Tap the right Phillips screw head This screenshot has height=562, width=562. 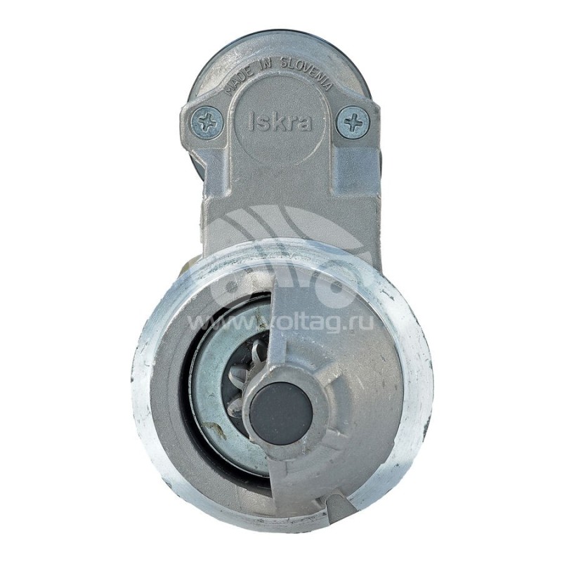coord(353,122)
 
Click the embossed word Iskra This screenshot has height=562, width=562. coord(280,122)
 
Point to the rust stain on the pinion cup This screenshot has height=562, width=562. coord(215,429)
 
